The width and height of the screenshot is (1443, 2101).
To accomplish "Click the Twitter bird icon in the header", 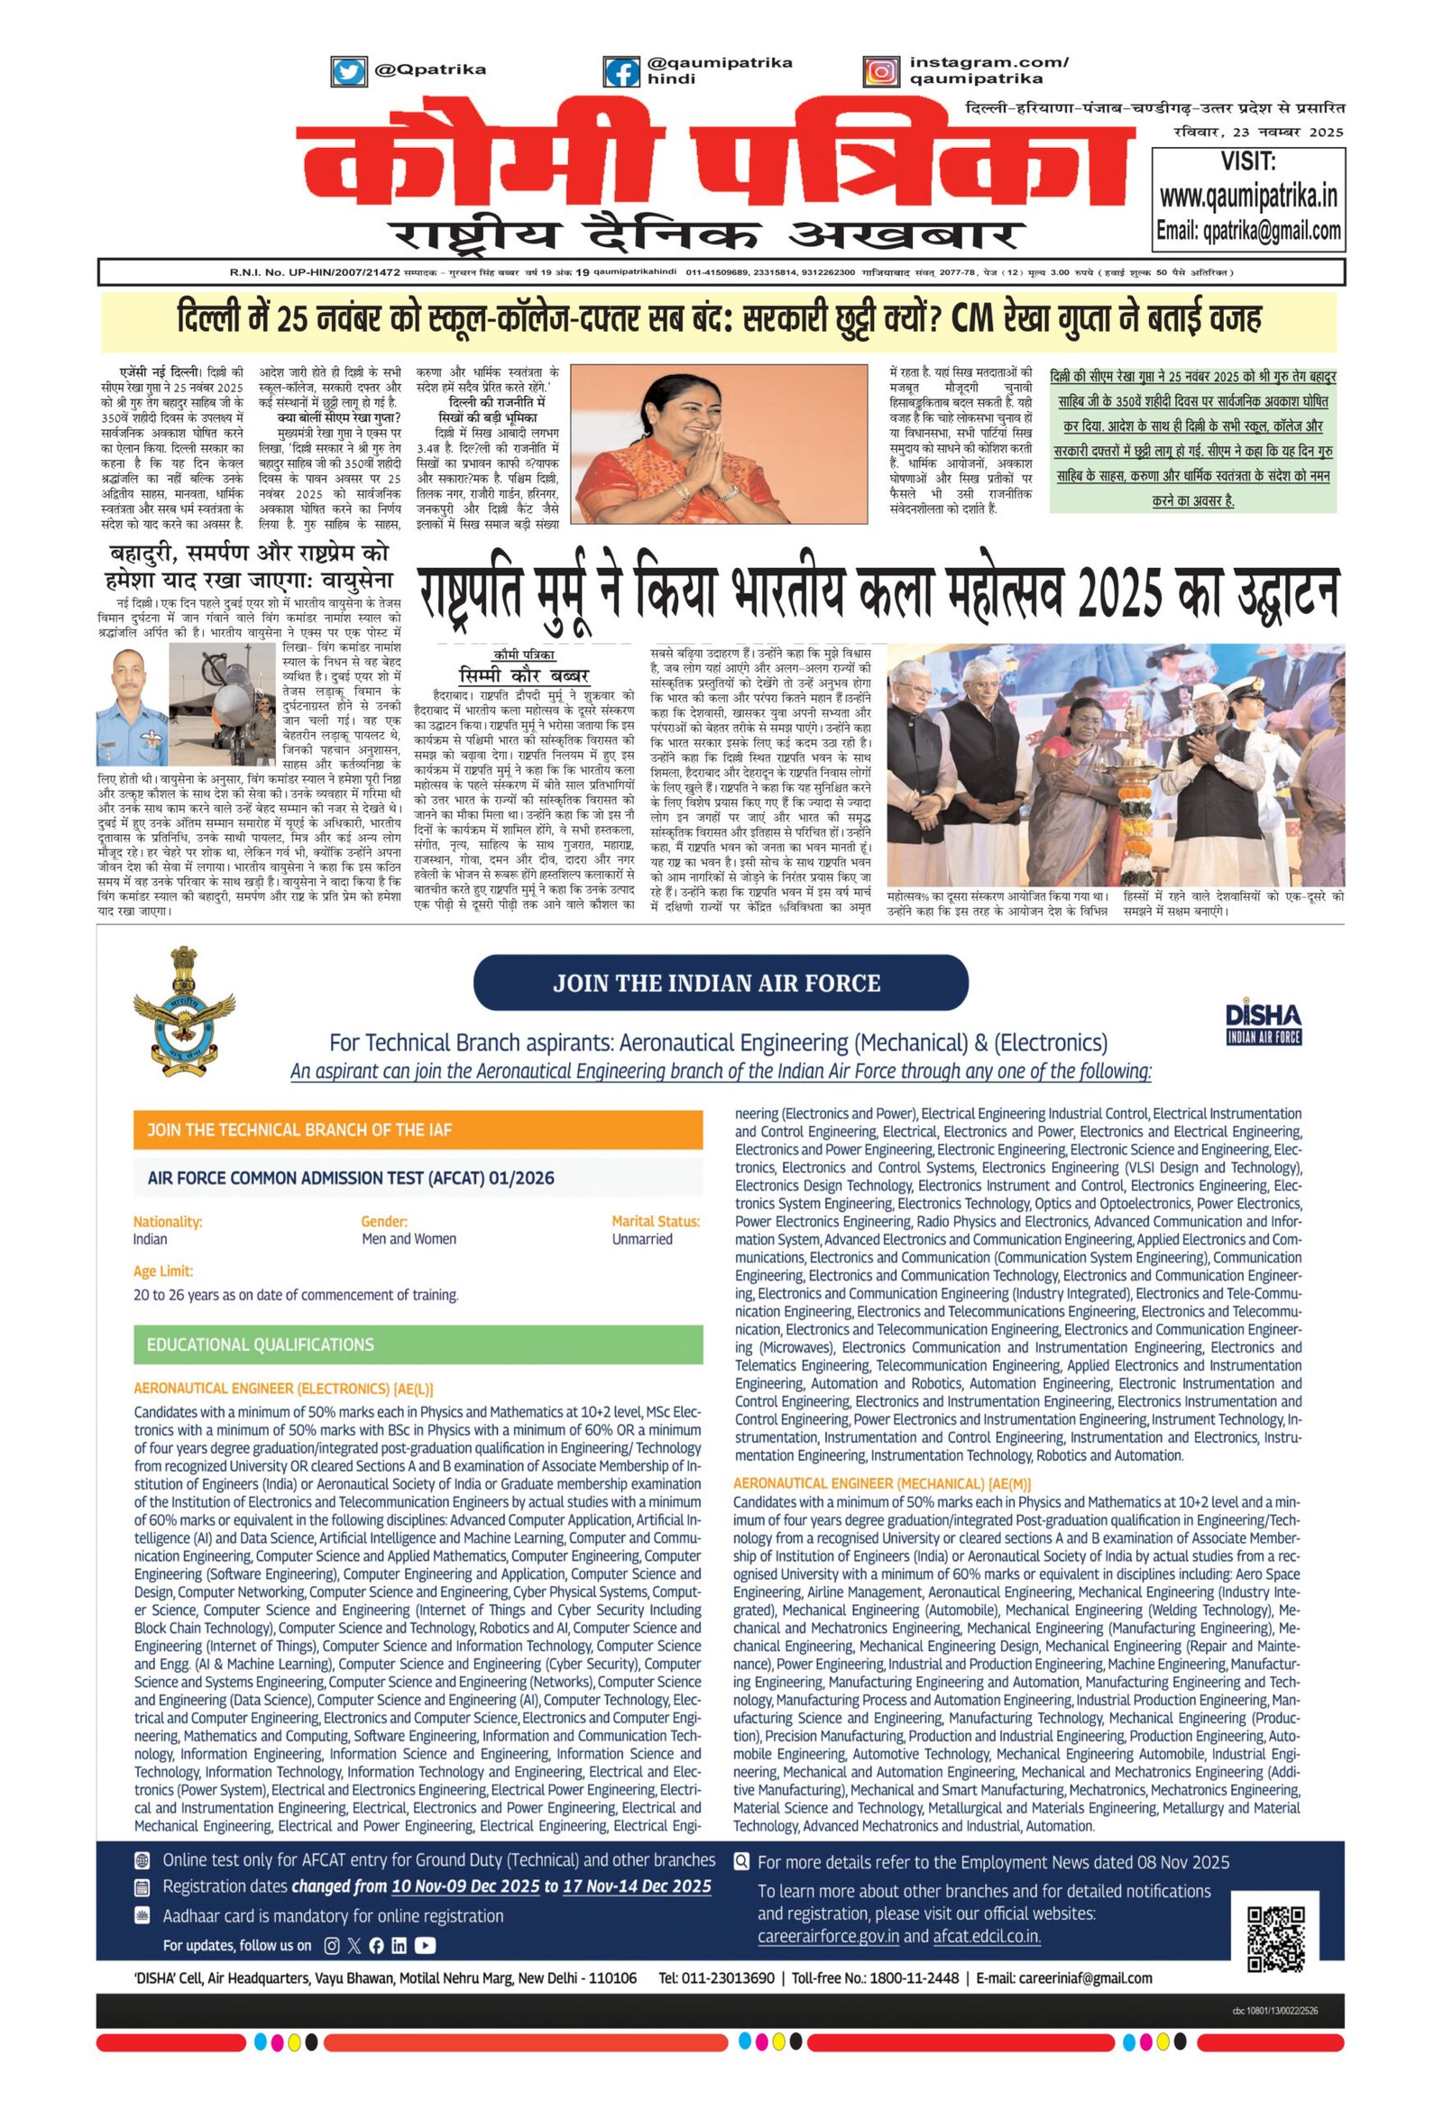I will pyautogui.click(x=348, y=70).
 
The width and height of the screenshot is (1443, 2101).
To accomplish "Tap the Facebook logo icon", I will pyautogui.click(x=621, y=71).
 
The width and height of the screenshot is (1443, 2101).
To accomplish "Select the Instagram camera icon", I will pyautogui.click(x=880, y=71).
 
